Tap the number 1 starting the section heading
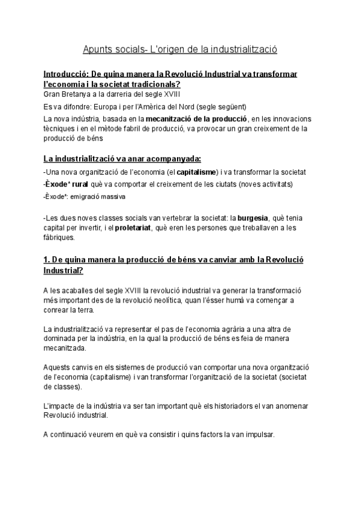pos(46,262)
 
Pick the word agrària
pos(245,330)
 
